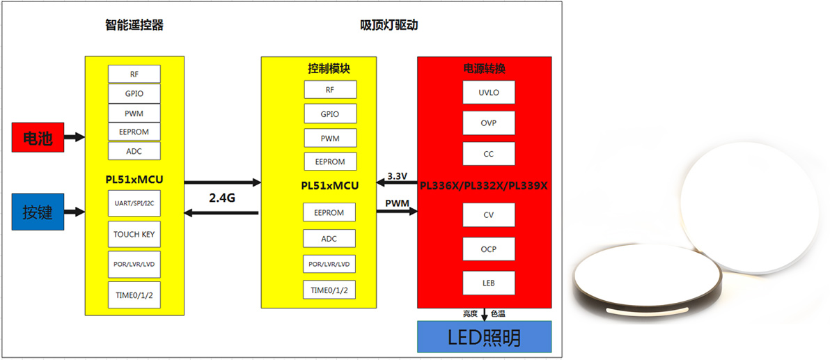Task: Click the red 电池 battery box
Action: [x=38, y=137]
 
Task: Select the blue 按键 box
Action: [x=38, y=212]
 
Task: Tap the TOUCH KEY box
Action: [x=134, y=235]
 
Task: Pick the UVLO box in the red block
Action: [x=489, y=93]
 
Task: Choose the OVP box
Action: [x=489, y=123]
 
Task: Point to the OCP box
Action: [x=489, y=249]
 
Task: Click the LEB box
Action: [x=489, y=282]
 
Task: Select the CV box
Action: [x=489, y=215]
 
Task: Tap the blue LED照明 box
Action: [x=485, y=337]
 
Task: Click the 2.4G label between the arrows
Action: [x=222, y=198]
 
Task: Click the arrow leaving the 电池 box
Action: [x=75, y=137]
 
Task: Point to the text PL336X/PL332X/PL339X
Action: [x=485, y=186]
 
